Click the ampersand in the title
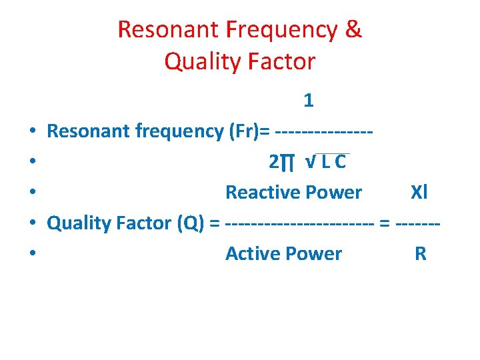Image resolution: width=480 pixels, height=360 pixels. point(354,29)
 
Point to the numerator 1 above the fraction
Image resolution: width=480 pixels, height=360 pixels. point(308,101)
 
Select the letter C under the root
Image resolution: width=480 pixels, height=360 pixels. point(340,162)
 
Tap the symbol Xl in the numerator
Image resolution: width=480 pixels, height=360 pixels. point(419,193)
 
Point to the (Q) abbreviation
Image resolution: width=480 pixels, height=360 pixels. point(193,223)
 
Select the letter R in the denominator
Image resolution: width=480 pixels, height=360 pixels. point(420,254)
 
